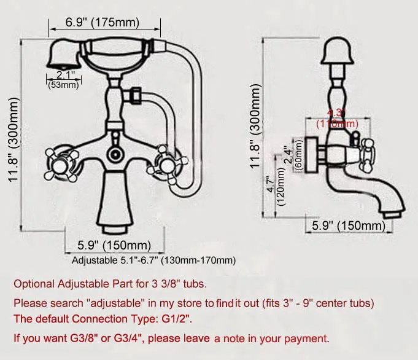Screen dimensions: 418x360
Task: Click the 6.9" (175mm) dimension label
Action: [102, 23]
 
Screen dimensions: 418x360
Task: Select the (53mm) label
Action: [64, 85]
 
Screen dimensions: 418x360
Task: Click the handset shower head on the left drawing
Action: [61, 57]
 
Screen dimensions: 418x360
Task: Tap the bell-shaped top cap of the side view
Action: [336, 52]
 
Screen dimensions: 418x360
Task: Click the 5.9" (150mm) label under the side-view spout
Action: [349, 225]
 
